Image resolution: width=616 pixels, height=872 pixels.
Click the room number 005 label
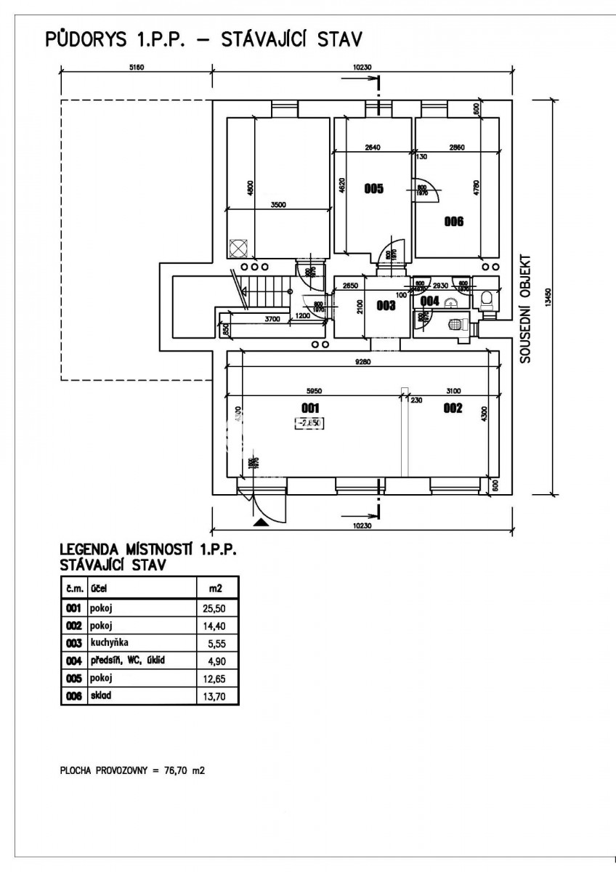[373, 190]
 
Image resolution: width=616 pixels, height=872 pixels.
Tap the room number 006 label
[454, 222]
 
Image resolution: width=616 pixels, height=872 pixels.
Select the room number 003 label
[385, 306]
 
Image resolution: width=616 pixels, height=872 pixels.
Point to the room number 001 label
[310, 408]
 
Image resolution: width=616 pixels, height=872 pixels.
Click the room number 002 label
[453, 408]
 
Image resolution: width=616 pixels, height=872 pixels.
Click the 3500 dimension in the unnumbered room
[279, 205]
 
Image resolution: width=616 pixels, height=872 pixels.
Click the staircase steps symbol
[264, 295]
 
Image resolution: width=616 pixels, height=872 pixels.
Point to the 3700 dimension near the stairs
[272, 319]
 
